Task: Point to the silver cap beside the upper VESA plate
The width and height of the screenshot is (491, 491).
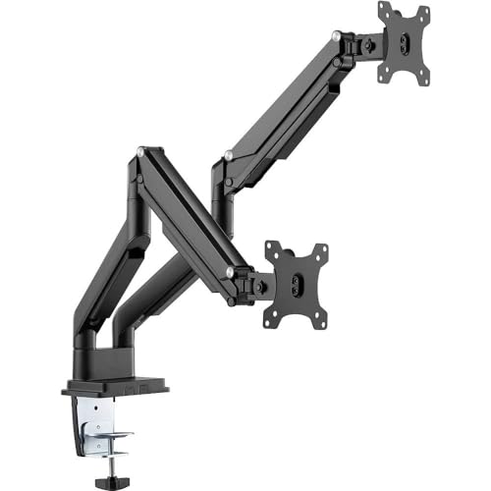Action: pos(337,36)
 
